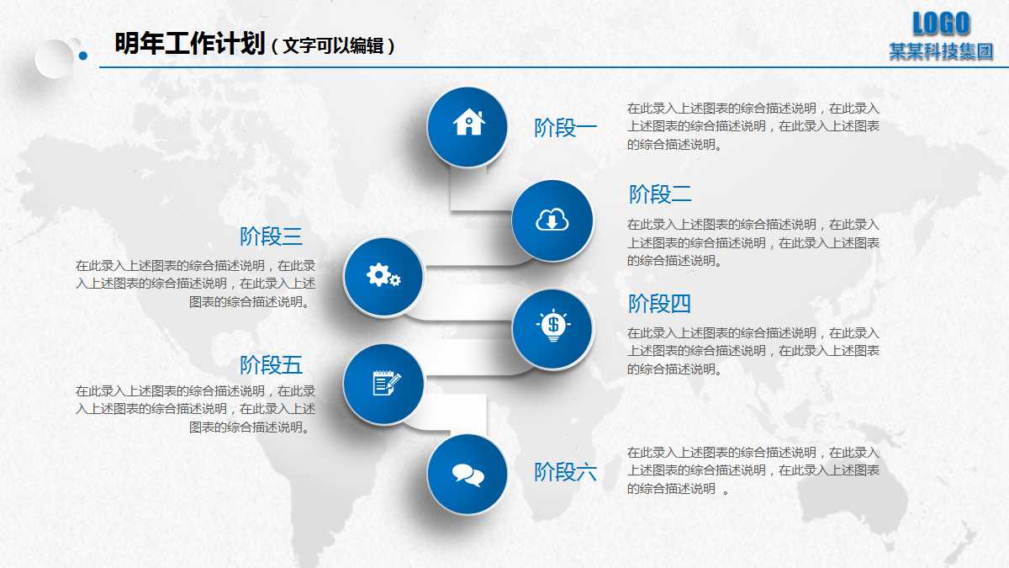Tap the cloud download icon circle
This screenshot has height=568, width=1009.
(x=552, y=220)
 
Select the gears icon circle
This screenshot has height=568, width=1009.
(x=383, y=276)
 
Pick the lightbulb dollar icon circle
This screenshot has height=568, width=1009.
(x=552, y=329)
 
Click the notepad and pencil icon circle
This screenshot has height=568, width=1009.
(x=383, y=384)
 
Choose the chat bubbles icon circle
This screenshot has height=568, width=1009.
(x=468, y=474)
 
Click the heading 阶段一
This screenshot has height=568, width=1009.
(x=566, y=128)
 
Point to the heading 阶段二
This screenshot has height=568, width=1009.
(x=660, y=194)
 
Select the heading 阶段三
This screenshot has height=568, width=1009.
(x=271, y=236)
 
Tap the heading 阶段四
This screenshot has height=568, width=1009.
(x=659, y=303)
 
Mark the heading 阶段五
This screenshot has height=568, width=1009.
(x=271, y=365)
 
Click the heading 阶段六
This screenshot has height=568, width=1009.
(x=566, y=472)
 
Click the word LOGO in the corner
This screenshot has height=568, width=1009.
(x=941, y=24)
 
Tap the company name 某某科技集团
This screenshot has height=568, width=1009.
(x=941, y=52)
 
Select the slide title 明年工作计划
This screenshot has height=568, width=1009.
(x=190, y=44)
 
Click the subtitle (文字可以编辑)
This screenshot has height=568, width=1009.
(x=333, y=45)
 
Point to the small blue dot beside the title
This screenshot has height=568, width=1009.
(x=83, y=56)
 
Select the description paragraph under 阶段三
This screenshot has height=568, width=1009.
(x=195, y=284)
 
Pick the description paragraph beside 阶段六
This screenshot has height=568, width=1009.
(x=753, y=470)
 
